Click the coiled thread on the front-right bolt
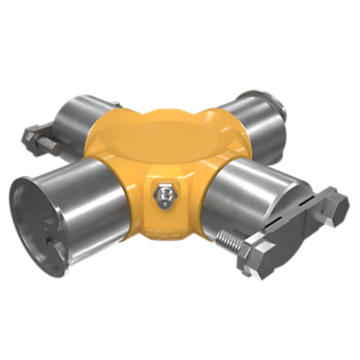click(234, 237)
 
